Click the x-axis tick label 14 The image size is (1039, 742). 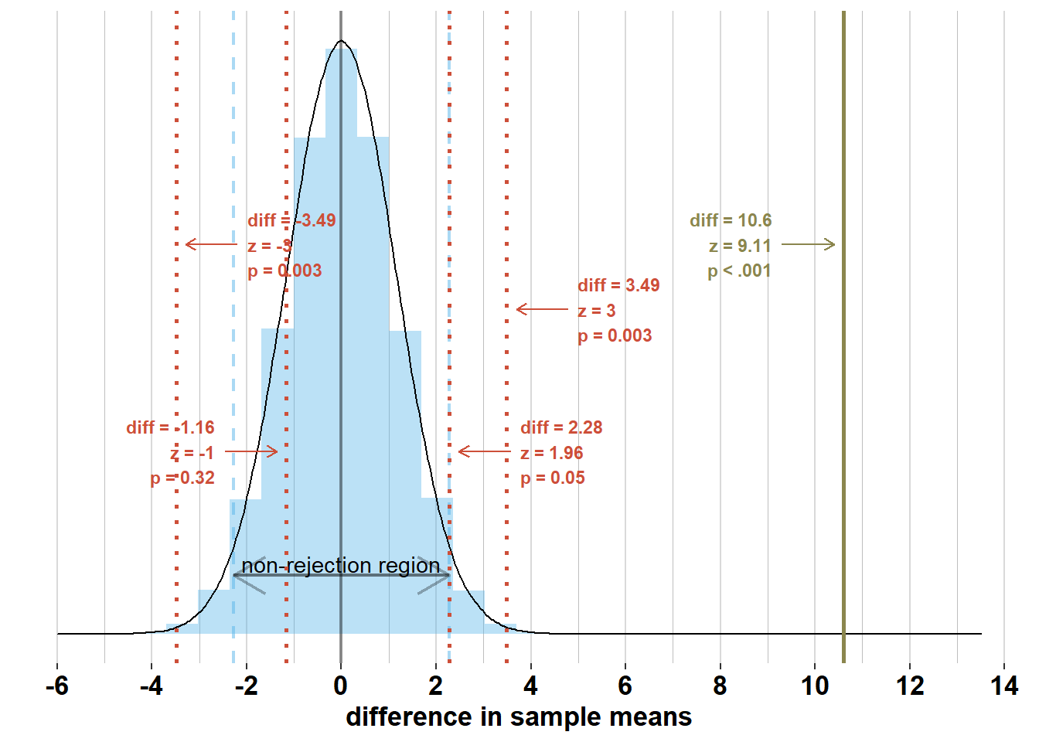[x=1004, y=686]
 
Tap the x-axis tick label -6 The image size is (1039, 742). [x=56, y=686]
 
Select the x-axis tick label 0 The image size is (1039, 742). [x=341, y=686]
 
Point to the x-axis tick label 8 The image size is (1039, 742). [x=720, y=686]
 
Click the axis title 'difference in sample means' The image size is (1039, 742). [x=519, y=717]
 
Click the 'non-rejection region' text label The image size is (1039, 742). [x=341, y=566]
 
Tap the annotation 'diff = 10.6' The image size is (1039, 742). [x=731, y=220]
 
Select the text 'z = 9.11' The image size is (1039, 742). [x=740, y=246]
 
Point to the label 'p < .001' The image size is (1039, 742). [x=739, y=271]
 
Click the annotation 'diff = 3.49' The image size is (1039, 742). [x=618, y=285]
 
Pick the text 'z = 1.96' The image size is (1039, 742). [x=551, y=453]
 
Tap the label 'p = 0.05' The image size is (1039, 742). [x=552, y=478]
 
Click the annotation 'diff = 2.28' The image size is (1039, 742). [x=561, y=427]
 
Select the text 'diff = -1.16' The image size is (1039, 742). [x=170, y=427]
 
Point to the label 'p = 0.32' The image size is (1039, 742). [x=182, y=478]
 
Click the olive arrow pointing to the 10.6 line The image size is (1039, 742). [x=808, y=244]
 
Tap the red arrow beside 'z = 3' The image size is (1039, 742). [x=542, y=309]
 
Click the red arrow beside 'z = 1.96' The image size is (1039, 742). [x=484, y=451]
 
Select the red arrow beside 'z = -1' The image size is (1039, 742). [x=250, y=451]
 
